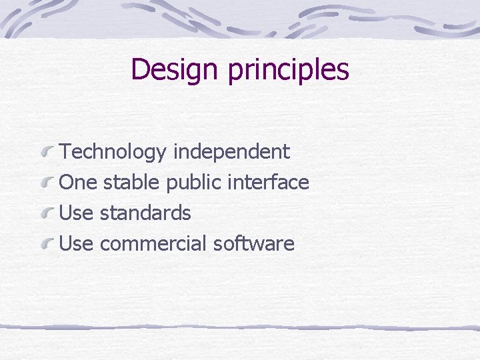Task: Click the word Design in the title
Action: coord(176,69)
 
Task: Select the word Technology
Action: coord(113,153)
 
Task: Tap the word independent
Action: coord(231,153)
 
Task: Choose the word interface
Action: coord(269,183)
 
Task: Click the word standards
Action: coord(145,213)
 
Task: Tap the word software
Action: coord(253,244)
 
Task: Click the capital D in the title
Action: coord(140,69)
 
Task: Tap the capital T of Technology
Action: coord(65,152)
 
